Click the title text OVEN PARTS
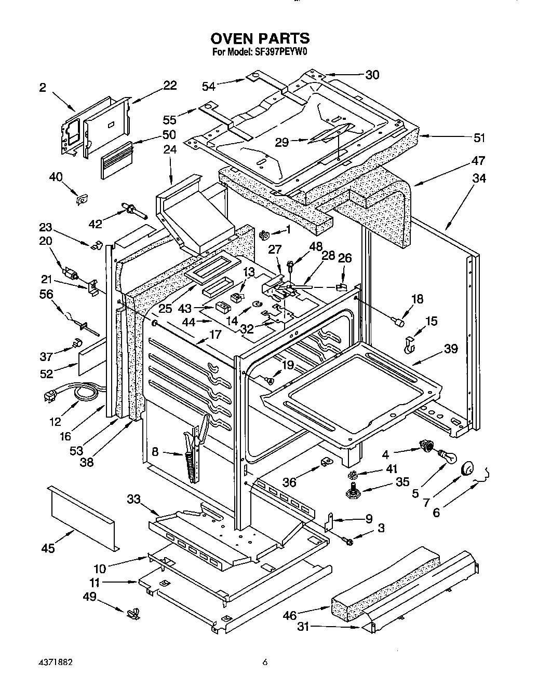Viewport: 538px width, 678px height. (x=260, y=38)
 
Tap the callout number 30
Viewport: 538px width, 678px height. (x=372, y=75)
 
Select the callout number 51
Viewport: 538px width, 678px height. (x=479, y=137)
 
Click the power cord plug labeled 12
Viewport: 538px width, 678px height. (x=50, y=397)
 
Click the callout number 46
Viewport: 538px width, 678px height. (x=290, y=616)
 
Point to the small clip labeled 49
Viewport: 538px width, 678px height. (x=132, y=614)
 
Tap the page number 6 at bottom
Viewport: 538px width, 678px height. (x=265, y=662)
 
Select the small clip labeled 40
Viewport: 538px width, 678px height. (x=82, y=199)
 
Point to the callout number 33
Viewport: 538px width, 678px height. (x=133, y=499)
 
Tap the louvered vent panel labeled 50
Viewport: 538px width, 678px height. (x=117, y=162)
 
